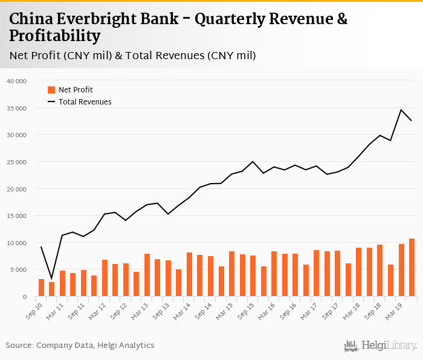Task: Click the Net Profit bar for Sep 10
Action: (x=41, y=288)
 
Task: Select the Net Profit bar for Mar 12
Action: (x=105, y=278)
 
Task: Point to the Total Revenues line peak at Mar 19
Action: (x=401, y=110)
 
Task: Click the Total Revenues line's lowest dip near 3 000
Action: (x=51, y=278)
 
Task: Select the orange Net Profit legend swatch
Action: (x=51, y=90)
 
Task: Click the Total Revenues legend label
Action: (x=85, y=102)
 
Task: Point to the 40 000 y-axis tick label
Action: (x=16, y=81)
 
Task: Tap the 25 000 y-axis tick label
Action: (x=16, y=162)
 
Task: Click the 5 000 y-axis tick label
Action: (x=18, y=270)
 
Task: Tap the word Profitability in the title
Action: (x=54, y=36)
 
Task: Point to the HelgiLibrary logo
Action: (x=380, y=346)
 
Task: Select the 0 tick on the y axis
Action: (x=24, y=297)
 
